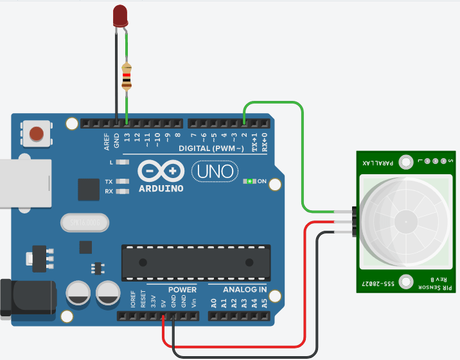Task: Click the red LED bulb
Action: tap(120, 15)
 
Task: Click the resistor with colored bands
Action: tap(127, 76)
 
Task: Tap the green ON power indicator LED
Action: tap(249, 182)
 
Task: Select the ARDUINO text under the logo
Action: tap(161, 188)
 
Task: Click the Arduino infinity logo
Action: tap(161, 172)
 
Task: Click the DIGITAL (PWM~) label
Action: tap(211, 148)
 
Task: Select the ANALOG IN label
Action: tap(245, 290)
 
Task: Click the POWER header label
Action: tap(182, 290)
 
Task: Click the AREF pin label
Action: tap(107, 141)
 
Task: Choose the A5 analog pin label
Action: tap(264, 303)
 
